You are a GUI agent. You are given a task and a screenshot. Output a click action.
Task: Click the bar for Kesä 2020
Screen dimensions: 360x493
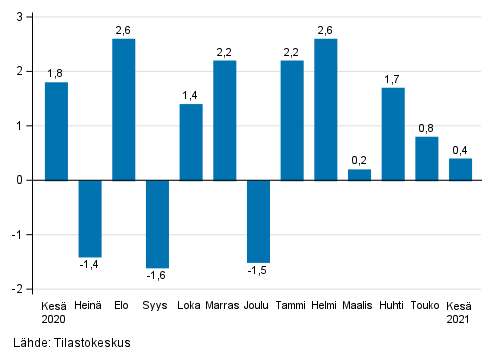pyautogui.click(x=57, y=131)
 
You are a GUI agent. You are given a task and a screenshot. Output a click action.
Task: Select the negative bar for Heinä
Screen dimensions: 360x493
pyautogui.click(x=90, y=218)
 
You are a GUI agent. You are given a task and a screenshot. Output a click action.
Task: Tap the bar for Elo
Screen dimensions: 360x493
pyautogui.click(x=124, y=109)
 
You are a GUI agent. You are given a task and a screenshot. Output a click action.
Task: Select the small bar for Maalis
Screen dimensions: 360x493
pyautogui.click(x=359, y=175)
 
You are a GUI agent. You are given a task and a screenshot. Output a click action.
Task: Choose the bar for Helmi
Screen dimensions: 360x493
pyautogui.click(x=326, y=109)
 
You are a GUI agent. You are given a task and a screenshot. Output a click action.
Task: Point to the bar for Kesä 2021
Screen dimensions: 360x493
pyautogui.click(x=460, y=169)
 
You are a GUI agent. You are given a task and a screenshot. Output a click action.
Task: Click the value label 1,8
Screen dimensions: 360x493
pyautogui.click(x=56, y=72)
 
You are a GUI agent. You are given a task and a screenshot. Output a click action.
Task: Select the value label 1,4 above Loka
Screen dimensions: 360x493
pyautogui.click(x=190, y=94)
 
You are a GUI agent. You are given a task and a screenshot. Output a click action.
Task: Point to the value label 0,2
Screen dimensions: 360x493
pyautogui.click(x=359, y=160)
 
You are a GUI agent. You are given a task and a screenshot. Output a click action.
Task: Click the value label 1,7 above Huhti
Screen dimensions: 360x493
pyautogui.click(x=393, y=78)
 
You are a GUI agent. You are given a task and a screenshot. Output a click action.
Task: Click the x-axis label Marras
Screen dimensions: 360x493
pyautogui.click(x=224, y=305)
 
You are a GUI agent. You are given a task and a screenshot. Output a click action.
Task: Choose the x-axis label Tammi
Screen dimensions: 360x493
pyautogui.click(x=292, y=305)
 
